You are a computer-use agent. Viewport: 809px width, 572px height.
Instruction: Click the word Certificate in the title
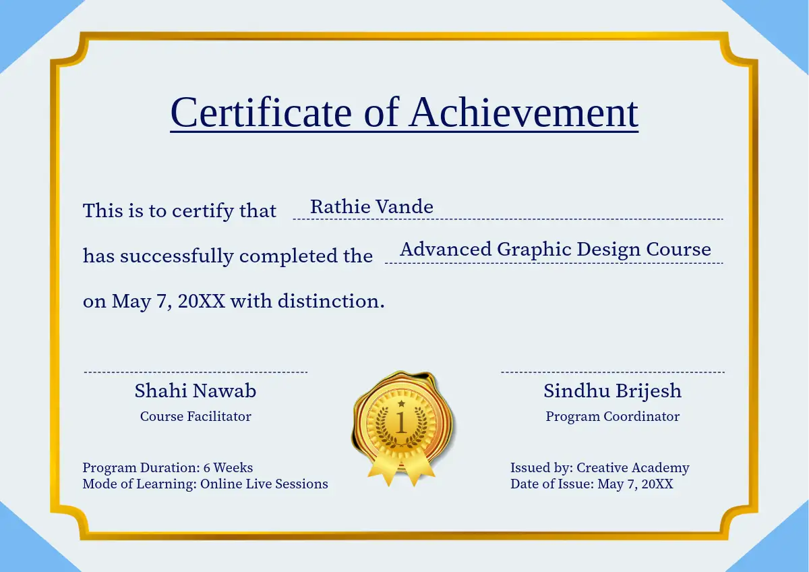click(x=261, y=113)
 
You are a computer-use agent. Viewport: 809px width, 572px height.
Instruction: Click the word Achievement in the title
click(x=524, y=113)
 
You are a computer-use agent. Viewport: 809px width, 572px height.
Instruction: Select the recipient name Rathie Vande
click(x=371, y=206)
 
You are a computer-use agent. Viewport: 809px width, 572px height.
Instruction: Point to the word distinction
click(x=331, y=301)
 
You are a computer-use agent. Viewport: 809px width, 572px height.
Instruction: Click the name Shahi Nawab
click(x=196, y=391)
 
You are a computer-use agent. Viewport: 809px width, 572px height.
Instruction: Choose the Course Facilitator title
click(x=196, y=416)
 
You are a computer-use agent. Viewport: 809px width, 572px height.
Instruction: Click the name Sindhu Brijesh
click(x=613, y=391)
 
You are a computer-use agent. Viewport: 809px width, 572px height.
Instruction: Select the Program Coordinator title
click(x=613, y=417)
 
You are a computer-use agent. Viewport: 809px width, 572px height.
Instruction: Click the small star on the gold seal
click(x=401, y=403)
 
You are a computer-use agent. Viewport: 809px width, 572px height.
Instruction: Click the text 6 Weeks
click(x=228, y=467)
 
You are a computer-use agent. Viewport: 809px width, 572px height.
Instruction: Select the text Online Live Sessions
click(x=264, y=484)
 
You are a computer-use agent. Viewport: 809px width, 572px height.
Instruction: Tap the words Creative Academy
click(x=633, y=468)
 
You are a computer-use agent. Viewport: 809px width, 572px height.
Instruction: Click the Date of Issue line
click(x=592, y=484)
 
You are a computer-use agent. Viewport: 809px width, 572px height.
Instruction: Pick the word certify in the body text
click(x=203, y=211)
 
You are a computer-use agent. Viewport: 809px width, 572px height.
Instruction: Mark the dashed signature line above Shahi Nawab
click(x=196, y=372)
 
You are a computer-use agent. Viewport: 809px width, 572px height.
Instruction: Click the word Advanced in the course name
click(x=446, y=249)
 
